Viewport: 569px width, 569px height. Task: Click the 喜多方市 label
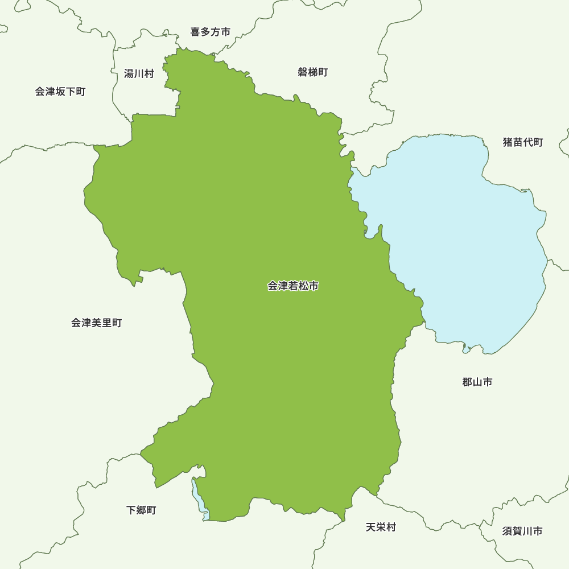211,32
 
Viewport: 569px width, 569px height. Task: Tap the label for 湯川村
139,73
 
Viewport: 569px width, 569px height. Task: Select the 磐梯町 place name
312,72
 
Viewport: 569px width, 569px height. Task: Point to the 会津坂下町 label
60,92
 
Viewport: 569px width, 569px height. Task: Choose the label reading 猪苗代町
523,142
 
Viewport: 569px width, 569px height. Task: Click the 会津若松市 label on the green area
293,286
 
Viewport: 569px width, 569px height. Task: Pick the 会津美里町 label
96,323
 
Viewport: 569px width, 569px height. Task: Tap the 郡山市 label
477,382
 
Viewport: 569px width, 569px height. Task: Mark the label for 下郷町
141,510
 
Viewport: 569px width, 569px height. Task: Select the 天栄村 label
381,527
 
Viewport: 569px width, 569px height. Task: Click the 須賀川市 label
522,531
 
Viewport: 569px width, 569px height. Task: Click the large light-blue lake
467,239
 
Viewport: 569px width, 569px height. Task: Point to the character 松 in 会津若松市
303,286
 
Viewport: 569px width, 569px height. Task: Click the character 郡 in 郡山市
467,382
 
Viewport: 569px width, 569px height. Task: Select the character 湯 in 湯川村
129,73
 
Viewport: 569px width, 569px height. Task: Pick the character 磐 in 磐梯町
303,72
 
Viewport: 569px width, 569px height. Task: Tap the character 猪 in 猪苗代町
508,142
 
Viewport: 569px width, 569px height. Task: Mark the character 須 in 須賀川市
507,531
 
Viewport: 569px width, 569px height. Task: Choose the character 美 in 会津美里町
96,323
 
